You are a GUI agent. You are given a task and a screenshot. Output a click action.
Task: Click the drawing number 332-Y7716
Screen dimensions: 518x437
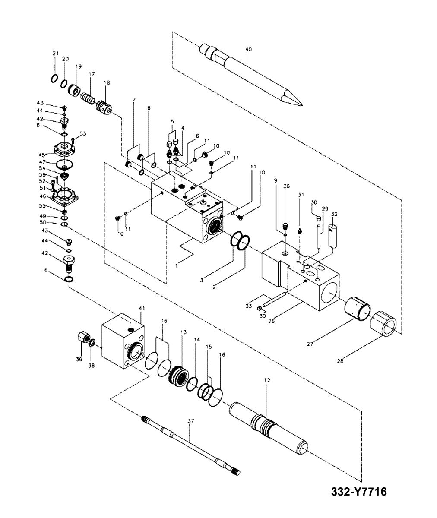click(x=358, y=492)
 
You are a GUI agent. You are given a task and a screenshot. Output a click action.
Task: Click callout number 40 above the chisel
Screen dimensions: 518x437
click(x=248, y=50)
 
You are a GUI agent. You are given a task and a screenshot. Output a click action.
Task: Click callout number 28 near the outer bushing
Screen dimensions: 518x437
click(x=340, y=361)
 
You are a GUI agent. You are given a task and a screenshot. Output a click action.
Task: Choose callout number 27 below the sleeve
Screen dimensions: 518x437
click(x=310, y=344)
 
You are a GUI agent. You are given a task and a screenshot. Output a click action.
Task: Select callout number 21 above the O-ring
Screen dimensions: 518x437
click(x=55, y=54)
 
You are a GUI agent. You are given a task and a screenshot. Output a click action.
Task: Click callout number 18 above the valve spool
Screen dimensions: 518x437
click(x=107, y=82)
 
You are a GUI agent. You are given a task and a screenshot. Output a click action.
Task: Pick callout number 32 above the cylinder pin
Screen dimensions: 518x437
click(x=334, y=214)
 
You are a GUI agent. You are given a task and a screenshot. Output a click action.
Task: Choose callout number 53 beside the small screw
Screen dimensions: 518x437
click(x=83, y=134)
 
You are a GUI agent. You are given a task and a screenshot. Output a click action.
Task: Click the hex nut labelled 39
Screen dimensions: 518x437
click(x=82, y=337)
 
